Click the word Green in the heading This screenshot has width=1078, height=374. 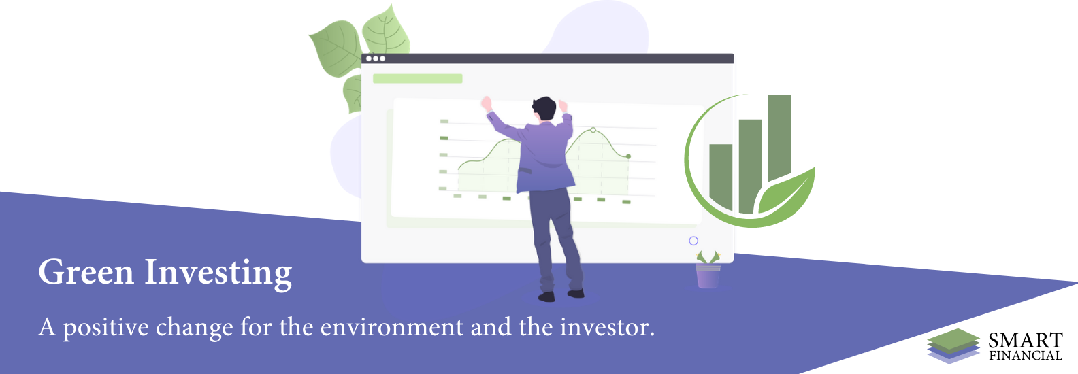pos(86,273)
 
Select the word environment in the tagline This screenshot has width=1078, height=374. pos(392,327)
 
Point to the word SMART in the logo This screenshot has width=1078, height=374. pos(1026,341)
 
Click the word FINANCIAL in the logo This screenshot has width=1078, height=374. pos(1026,356)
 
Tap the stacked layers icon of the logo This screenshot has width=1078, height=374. pos(953,345)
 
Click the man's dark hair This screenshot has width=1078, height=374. pos(544,107)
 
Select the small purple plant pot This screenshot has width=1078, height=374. pos(708,276)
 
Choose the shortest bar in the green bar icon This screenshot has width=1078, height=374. pos(721,177)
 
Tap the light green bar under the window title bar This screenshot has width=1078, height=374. pos(418,78)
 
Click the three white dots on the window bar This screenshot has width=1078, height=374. pos(376,58)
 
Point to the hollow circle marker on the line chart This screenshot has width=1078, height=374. pos(593,130)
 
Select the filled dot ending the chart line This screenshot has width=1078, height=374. pos(628,156)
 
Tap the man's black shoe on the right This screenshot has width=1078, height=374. pos(576,293)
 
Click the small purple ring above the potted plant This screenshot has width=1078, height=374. pos(693,241)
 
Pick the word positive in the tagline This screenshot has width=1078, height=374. pos(106,328)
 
